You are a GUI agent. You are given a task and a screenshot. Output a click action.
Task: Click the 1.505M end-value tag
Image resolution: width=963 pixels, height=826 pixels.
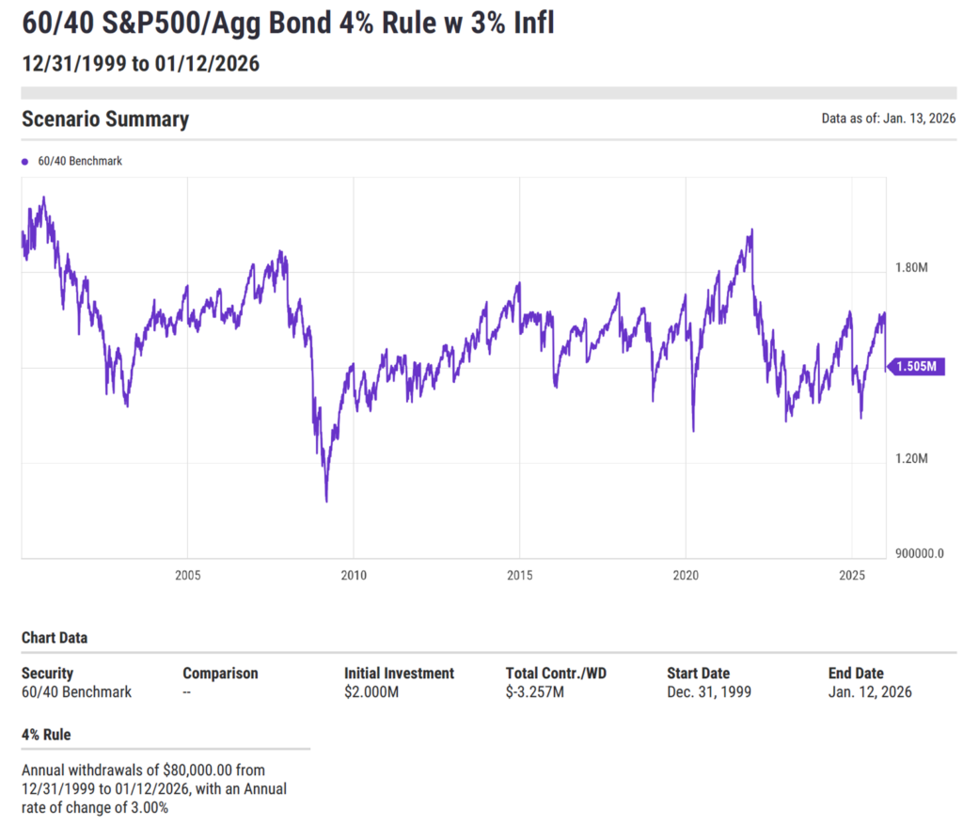pyautogui.click(x=916, y=367)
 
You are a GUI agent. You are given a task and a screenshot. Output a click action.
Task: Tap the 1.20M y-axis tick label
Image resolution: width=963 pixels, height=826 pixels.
pyautogui.click(x=911, y=459)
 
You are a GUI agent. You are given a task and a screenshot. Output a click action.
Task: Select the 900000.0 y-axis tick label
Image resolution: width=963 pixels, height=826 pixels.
pyautogui.click(x=918, y=554)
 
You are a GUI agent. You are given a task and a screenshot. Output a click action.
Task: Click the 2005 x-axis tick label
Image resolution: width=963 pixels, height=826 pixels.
pyautogui.click(x=187, y=575)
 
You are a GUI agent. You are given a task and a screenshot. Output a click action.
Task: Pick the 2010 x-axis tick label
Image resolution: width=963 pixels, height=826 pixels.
pyautogui.click(x=354, y=575)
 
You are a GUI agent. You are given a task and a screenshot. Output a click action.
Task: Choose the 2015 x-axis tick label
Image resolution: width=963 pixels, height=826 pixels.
pyautogui.click(x=520, y=575)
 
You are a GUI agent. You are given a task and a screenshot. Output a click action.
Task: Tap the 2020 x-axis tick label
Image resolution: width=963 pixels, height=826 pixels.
pyautogui.click(x=686, y=575)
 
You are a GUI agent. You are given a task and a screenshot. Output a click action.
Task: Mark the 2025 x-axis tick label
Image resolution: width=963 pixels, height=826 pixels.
pyautogui.click(x=852, y=575)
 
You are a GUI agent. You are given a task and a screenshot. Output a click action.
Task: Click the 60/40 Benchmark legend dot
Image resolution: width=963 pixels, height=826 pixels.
pyautogui.click(x=25, y=162)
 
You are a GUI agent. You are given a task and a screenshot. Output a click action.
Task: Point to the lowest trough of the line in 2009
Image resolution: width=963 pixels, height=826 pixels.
pyautogui.click(x=326, y=500)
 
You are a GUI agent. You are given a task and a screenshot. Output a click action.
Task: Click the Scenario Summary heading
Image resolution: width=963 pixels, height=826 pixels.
pyautogui.click(x=105, y=119)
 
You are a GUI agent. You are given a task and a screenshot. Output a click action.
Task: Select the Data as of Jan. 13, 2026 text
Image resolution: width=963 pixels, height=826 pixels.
pyautogui.click(x=889, y=119)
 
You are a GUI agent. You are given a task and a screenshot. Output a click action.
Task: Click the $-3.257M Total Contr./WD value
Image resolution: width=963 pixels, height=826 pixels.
pyautogui.click(x=535, y=692)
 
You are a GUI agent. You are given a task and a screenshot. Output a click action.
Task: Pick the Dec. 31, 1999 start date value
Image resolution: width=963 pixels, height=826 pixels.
pyautogui.click(x=709, y=692)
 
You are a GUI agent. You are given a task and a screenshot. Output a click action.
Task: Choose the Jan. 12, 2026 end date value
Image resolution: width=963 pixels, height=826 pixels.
pyautogui.click(x=870, y=692)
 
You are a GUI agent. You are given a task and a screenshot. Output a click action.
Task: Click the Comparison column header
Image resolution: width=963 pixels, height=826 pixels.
pyautogui.click(x=220, y=674)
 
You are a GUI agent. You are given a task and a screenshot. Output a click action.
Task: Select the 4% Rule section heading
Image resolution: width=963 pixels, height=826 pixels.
pyautogui.click(x=46, y=735)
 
